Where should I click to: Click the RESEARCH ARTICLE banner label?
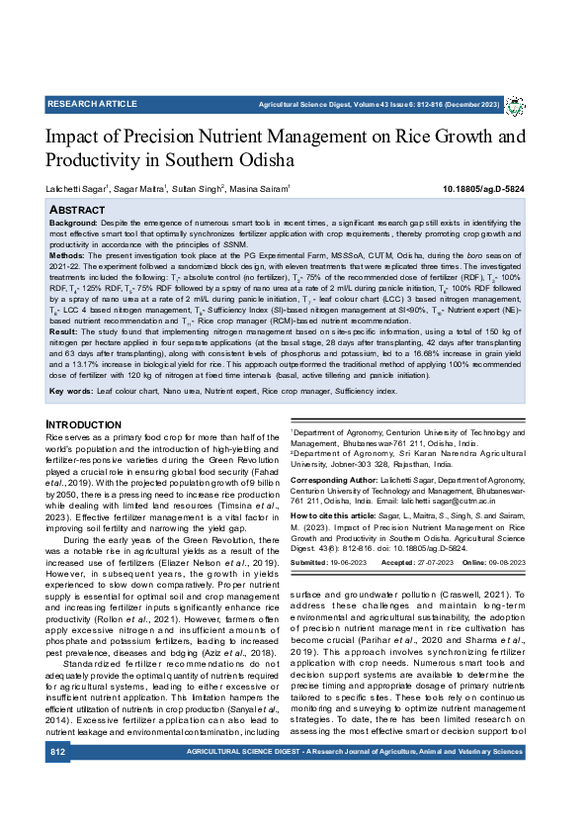[92, 103]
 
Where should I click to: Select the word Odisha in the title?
[260, 158]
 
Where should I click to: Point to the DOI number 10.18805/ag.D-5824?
[483, 188]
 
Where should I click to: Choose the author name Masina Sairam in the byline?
[261, 188]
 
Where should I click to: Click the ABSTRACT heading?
[77, 210]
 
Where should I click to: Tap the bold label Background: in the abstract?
[75, 225]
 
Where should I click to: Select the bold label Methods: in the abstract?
[69, 254]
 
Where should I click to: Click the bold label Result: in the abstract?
[65, 332]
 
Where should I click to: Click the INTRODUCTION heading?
[84, 424]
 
